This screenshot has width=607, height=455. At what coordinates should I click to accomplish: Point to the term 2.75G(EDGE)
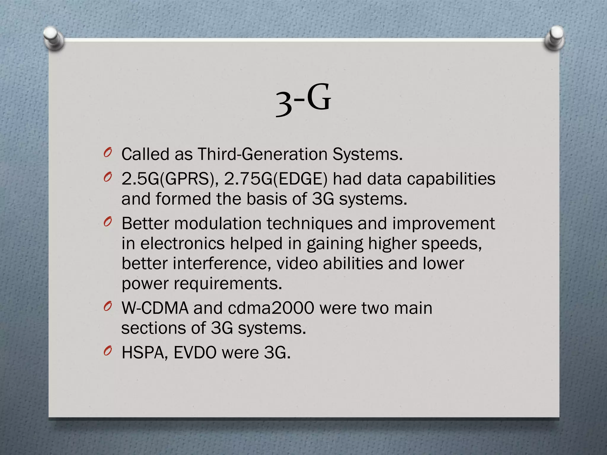(x=276, y=179)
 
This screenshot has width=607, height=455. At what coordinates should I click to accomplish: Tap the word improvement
(x=444, y=223)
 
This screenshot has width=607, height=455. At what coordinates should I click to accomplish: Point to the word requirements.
(x=227, y=283)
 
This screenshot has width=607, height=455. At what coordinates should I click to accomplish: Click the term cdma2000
(x=271, y=308)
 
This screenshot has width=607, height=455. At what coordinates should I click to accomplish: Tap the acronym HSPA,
(x=145, y=353)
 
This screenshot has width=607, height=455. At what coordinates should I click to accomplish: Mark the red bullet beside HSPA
(x=108, y=351)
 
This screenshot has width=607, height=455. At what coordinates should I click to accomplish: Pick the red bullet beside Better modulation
(x=108, y=222)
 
